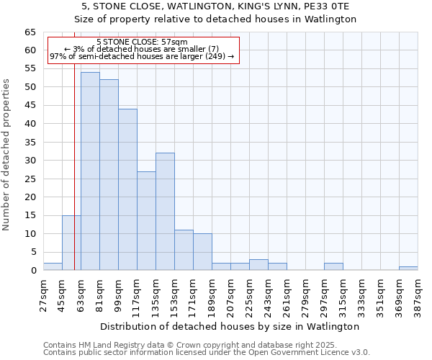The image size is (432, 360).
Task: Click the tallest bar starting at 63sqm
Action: pyautogui.click(x=90, y=171)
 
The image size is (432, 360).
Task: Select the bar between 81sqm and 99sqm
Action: pyautogui.click(x=109, y=175)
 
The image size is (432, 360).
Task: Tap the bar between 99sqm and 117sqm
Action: pyautogui.click(x=127, y=189)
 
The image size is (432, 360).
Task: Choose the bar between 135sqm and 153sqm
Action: pyautogui.click(x=165, y=212)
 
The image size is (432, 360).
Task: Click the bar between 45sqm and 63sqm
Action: pyautogui.click(x=71, y=243)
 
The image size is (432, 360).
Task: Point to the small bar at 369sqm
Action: pyautogui.click(x=408, y=268)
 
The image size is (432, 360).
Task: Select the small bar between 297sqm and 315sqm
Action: pyautogui.click(x=333, y=266)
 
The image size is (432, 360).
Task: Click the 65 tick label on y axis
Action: pyautogui.click(x=30, y=32)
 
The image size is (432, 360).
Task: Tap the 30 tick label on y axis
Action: pyautogui.click(x=30, y=161)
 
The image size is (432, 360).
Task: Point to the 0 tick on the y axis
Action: pyautogui.click(x=32, y=271)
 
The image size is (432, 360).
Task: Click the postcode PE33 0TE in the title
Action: pyautogui.click(x=325, y=6)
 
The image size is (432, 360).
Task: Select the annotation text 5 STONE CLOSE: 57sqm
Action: pyautogui.click(x=142, y=42)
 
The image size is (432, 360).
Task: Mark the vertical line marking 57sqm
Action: pyautogui.click(x=74, y=144)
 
